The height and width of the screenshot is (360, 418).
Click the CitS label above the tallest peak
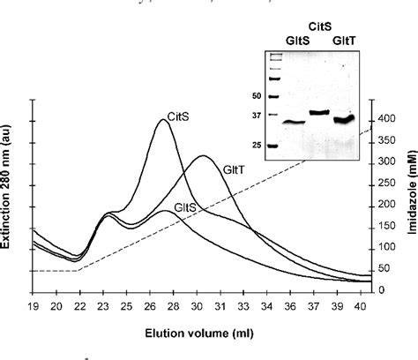pyautogui.click(x=181, y=113)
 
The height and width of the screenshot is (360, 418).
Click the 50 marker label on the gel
pyautogui.click(x=258, y=94)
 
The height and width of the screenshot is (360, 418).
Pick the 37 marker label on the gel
pyautogui.click(x=258, y=116)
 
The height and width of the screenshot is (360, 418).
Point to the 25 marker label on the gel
pyautogui.click(x=258, y=146)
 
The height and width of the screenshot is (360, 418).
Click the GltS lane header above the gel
pyautogui.click(x=287, y=39)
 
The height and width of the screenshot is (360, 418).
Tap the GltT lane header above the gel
pyautogui.click(x=344, y=39)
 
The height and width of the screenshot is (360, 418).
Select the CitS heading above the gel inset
pyautogui.click(x=317, y=26)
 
